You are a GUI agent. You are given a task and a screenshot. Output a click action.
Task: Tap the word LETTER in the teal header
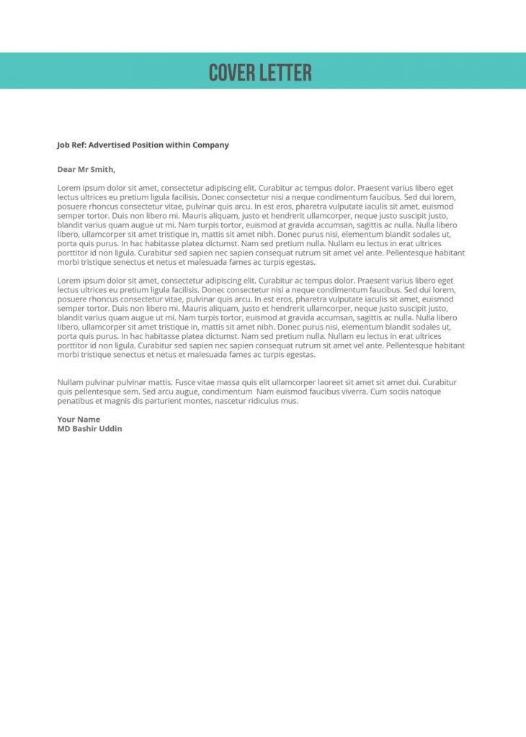coord(287,73)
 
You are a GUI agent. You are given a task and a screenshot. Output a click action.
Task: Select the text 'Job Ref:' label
coord(71,145)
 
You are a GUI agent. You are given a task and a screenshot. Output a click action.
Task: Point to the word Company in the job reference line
coord(210,145)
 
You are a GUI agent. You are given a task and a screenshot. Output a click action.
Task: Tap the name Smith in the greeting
coord(101,170)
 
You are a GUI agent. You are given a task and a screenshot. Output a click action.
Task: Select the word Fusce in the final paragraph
coord(186,382)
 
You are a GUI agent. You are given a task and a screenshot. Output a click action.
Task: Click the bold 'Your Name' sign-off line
coord(79,419)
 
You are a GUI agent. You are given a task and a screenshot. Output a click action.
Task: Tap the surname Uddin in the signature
coord(111,428)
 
